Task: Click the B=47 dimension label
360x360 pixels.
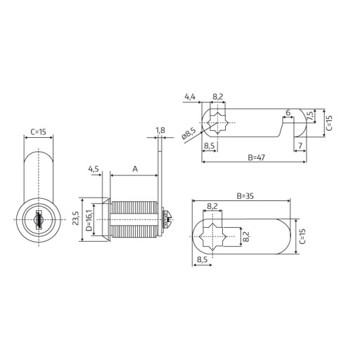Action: (x=256, y=157)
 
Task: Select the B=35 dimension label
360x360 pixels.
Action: (x=245, y=196)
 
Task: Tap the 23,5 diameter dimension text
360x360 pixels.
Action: (x=75, y=218)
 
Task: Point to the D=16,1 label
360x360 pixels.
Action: (x=89, y=219)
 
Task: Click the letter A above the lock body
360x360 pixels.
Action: (x=135, y=169)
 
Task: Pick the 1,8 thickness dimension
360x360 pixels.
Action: (x=160, y=130)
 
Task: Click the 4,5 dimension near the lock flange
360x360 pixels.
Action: (x=94, y=169)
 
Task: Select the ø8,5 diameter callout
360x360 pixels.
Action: (x=188, y=134)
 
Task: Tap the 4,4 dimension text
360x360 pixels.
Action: (x=190, y=96)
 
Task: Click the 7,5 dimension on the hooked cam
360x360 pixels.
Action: (x=310, y=116)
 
